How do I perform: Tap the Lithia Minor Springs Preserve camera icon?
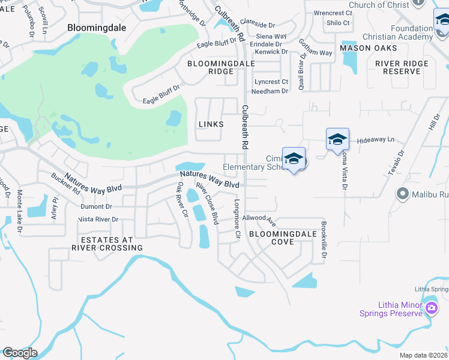431,308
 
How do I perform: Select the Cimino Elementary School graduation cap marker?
294,159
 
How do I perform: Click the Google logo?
19,353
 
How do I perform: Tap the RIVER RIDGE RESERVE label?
402,67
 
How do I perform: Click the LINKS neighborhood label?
211,124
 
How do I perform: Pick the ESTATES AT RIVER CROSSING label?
107,244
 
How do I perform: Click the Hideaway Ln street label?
375,139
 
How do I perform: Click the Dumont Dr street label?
96,206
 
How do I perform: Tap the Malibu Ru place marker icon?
403,194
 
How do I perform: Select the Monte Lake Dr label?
19,211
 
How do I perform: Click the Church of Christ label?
379,5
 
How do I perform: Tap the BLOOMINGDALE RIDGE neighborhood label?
210,67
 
